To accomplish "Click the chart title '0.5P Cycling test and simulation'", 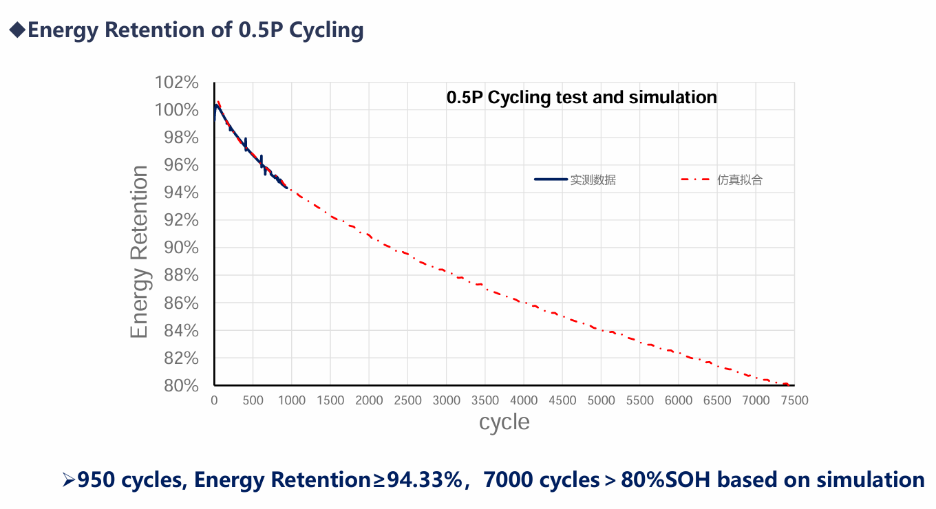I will [582, 98].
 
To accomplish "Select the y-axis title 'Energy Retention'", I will [140, 252].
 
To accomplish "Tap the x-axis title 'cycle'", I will [504, 422].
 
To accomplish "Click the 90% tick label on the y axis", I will [182, 248].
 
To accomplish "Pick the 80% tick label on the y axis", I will [182, 386].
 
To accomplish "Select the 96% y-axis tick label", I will [182, 165].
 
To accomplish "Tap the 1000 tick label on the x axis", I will [292, 400].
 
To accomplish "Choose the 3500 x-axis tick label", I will [485, 400].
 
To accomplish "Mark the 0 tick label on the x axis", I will [214, 400].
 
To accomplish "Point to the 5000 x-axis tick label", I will [601, 400].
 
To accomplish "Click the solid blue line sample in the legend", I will [551, 180].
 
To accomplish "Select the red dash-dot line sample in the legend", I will [695, 180].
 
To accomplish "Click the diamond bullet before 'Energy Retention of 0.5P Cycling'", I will [17, 30].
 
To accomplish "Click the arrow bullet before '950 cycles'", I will [68, 479].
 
